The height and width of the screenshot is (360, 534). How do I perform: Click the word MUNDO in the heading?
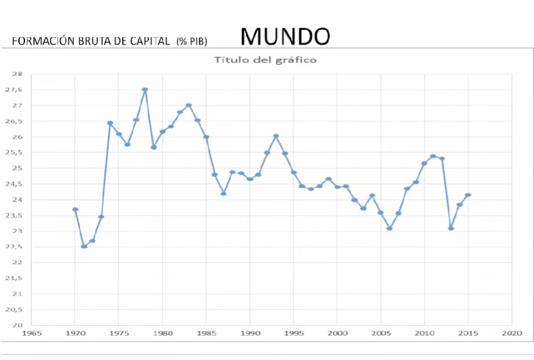pyautogui.click(x=285, y=37)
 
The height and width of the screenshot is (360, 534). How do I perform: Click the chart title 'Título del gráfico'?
pyautogui.click(x=265, y=60)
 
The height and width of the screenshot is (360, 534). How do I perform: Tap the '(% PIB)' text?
pyautogui.click(x=192, y=42)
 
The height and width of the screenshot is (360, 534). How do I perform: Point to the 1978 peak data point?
pyautogui.click(x=145, y=89)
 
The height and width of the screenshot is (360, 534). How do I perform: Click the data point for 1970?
pyautogui.click(x=75, y=209)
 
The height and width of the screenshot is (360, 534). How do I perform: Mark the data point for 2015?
pyautogui.click(x=468, y=195)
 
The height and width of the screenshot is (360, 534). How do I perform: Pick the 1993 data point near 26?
pyautogui.click(x=276, y=136)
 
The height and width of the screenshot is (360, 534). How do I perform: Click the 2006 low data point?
pyautogui.click(x=390, y=228)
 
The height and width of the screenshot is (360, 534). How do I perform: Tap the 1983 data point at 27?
pyautogui.click(x=189, y=105)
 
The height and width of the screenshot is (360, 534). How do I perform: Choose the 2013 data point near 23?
pyautogui.click(x=451, y=228)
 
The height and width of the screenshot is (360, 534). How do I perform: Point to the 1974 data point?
pyautogui.click(x=110, y=123)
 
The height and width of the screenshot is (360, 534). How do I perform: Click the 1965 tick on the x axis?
pyautogui.click(x=32, y=334)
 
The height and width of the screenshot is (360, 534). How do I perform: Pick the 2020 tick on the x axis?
pyautogui.click(x=511, y=334)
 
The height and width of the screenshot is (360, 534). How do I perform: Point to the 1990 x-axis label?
pyautogui.click(x=250, y=334)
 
